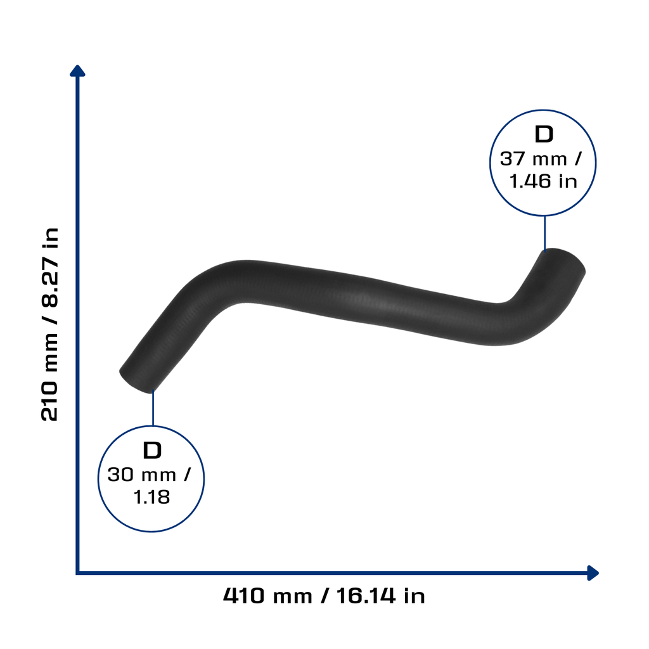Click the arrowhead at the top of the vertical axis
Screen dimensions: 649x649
[77, 71]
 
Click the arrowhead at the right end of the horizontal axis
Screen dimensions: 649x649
[593, 573]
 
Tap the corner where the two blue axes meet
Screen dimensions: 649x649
[77, 573]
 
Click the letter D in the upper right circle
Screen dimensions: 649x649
[543, 134]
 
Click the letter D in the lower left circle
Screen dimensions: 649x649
[152, 450]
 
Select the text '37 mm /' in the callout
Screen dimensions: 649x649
[541, 159]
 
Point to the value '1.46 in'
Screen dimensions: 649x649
[543, 181]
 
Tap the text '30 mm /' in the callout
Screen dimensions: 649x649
[149, 475]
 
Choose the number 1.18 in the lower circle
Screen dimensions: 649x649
[151, 497]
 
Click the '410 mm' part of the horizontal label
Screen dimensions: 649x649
[267, 596]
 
